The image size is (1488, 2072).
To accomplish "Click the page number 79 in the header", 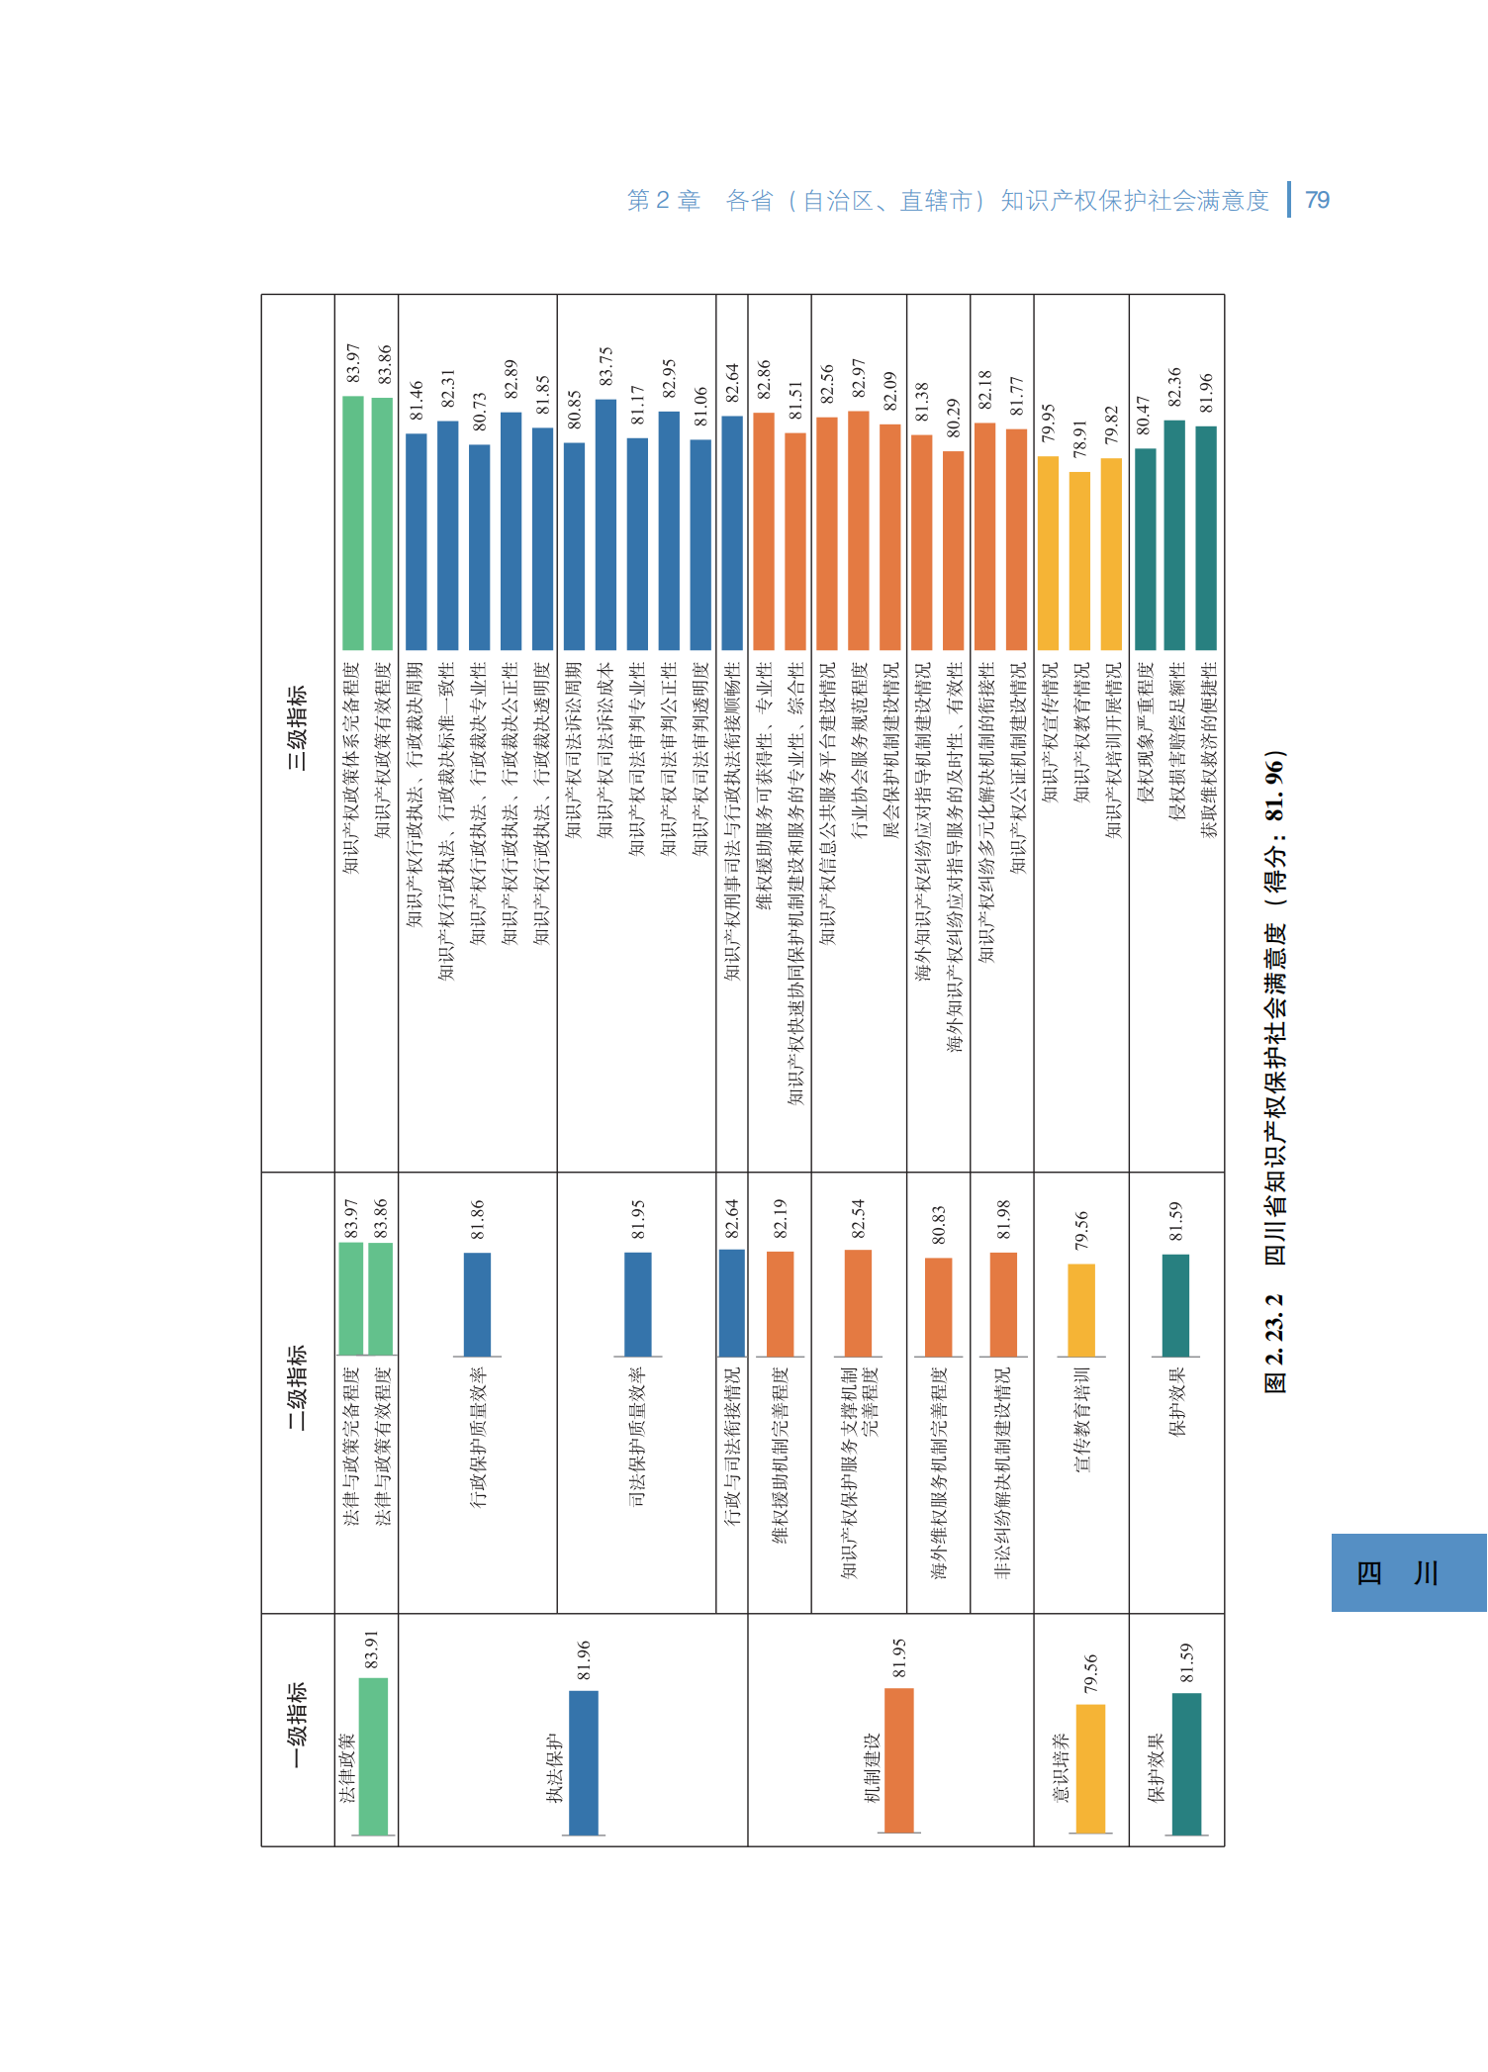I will click(1317, 200).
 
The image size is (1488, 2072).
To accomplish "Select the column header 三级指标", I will click(297, 727).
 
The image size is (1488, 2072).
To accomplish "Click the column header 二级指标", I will click(297, 1386).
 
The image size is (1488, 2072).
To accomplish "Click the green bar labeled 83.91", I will click(373, 1756).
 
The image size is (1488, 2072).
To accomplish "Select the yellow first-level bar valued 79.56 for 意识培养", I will click(1090, 1768).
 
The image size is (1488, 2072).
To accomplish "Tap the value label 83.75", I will click(605, 366).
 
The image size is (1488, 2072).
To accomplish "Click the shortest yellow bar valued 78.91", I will click(1079, 560).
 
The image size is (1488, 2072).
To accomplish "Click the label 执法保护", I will click(554, 1767).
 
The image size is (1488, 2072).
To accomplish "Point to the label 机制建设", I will click(872, 1767).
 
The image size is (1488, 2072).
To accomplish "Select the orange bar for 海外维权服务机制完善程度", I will click(938, 1306).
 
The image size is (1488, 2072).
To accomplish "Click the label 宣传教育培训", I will click(1081, 1419).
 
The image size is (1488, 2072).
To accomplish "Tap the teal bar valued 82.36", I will click(1174, 534).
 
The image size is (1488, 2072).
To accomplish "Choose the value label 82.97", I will click(858, 378).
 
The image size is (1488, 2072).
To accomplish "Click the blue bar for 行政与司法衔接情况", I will click(732, 1302).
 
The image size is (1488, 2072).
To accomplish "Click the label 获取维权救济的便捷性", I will click(1207, 750).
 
